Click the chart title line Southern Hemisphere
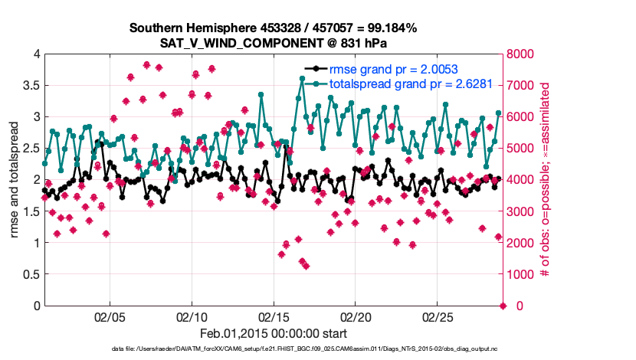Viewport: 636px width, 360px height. (x=272, y=28)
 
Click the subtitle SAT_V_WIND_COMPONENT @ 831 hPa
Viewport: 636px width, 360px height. (x=272, y=43)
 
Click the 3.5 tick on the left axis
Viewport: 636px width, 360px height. (x=30, y=85)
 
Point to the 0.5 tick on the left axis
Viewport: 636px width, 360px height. (x=30, y=274)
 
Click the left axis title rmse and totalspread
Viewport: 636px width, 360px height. (x=15, y=179)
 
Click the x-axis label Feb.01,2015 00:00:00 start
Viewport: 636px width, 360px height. (x=274, y=333)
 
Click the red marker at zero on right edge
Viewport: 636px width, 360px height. (x=503, y=306)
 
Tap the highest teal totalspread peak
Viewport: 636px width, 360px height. (x=303, y=78)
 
